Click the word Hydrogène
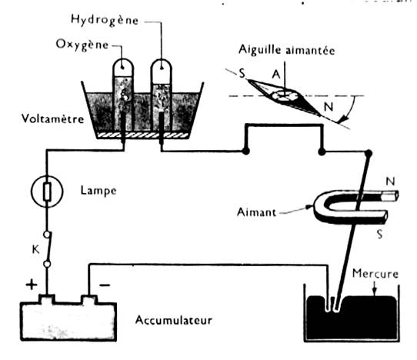coord(105,20)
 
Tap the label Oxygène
coord(82,45)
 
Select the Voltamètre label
coord(52,118)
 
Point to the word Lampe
coord(98,191)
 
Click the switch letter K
coord(35,250)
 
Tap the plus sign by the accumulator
coord(32,285)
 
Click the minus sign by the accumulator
coord(105,285)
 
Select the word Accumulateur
coord(174,320)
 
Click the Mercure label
coord(375,274)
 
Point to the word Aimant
coord(256,212)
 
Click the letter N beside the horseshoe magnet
coord(390,182)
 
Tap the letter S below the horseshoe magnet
coord(380,235)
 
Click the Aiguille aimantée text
coord(287,50)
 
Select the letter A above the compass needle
coord(276,75)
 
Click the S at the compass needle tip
coord(242,73)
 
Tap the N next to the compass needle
coord(329,107)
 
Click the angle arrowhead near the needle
coord(343,118)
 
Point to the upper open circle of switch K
coord(48,235)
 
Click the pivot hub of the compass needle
coord(285,95)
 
